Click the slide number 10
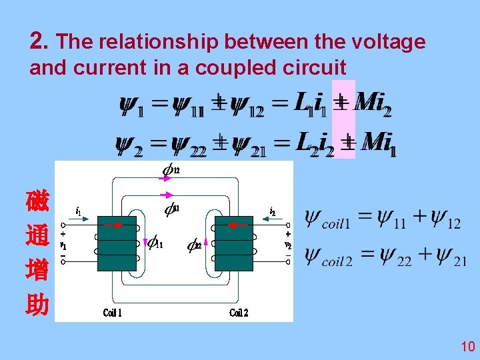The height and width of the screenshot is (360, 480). [467, 346]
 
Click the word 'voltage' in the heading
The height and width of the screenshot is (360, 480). [393, 42]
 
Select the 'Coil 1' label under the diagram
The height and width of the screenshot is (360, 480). [113, 313]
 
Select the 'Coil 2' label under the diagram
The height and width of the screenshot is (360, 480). [239, 313]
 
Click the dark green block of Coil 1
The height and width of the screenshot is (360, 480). [116, 243]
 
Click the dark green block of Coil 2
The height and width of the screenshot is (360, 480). [234, 243]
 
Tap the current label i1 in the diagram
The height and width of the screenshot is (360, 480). [79, 211]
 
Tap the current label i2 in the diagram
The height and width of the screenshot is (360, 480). [273, 211]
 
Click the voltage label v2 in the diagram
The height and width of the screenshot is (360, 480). [288, 245]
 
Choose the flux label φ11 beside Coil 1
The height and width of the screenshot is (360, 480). [154, 243]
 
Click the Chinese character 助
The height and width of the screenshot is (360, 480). [37, 305]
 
